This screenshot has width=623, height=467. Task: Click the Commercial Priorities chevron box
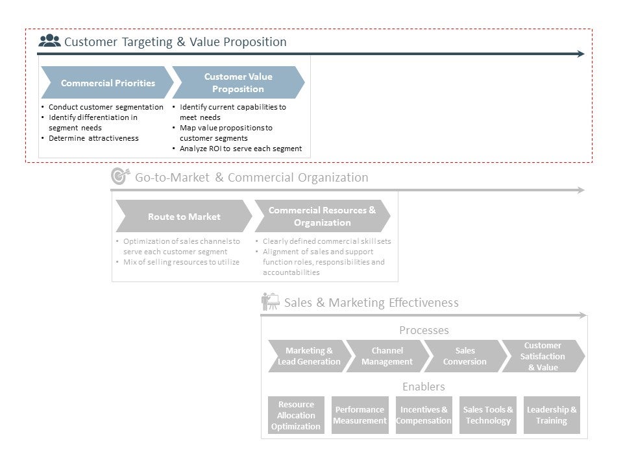tap(108, 82)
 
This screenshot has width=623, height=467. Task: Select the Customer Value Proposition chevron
tap(238, 82)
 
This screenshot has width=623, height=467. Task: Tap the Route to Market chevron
tap(184, 217)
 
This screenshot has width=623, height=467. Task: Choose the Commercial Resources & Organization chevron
tap(322, 217)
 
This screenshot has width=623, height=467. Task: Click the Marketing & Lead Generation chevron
tap(309, 356)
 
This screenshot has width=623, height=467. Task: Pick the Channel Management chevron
tap(387, 356)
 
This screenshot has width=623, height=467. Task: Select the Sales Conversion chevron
tap(465, 356)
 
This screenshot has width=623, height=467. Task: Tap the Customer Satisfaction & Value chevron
tap(543, 356)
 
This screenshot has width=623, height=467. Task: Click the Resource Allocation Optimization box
tap(296, 415)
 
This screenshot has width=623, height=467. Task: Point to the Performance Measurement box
tap(360, 415)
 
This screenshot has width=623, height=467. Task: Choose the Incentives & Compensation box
tap(424, 415)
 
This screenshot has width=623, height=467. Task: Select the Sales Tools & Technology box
tap(488, 415)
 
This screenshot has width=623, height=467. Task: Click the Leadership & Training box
tap(552, 415)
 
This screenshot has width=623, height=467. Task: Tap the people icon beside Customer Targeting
tap(49, 41)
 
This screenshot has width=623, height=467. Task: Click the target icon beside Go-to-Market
tap(120, 176)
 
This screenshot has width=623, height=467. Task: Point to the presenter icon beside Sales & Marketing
tap(270, 302)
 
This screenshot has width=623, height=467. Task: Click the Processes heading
tap(424, 330)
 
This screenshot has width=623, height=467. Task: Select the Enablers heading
tap(424, 387)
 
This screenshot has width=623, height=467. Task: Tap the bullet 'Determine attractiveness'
tap(93, 138)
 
